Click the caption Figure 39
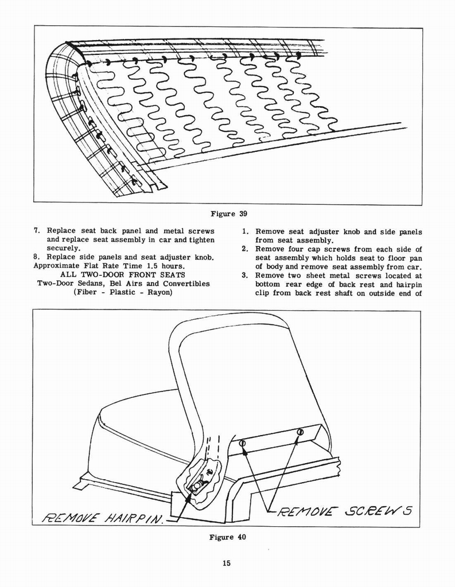click(x=228, y=214)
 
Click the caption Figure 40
click(x=227, y=537)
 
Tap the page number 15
click(x=227, y=563)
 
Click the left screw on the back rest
click(x=242, y=443)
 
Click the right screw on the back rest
click(x=300, y=432)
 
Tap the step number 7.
click(x=37, y=231)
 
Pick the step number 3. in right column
click(x=244, y=275)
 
